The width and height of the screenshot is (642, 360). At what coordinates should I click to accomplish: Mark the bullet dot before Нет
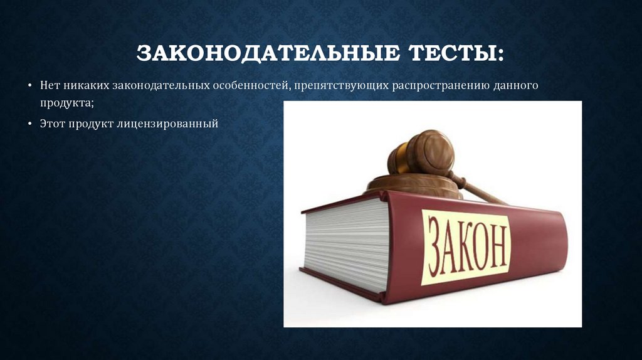[x=30, y=85]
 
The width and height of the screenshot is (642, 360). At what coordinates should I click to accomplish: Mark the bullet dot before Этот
[x=30, y=125]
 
